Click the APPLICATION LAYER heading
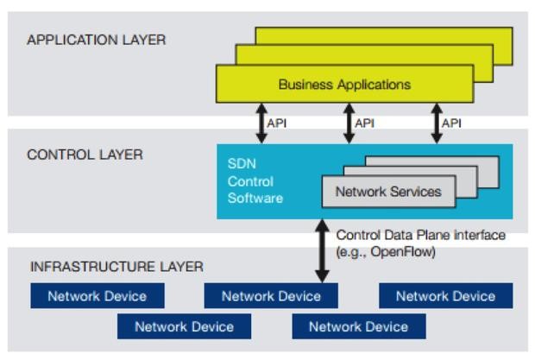click(x=97, y=40)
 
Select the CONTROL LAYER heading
click(x=85, y=155)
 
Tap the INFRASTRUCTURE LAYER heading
click(x=116, y=266)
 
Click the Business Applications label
click(x=344, y=85)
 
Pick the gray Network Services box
click(x=387, y=192)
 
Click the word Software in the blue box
click(x=255, y=198)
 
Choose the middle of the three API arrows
click(x=349, y=123)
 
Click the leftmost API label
click(x=278, y=123)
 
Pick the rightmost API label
click(x=451, y=123)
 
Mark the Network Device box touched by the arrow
click(x=271, y=296)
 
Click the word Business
click(x=303, y=85)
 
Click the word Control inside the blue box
click(x=250, y=181)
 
